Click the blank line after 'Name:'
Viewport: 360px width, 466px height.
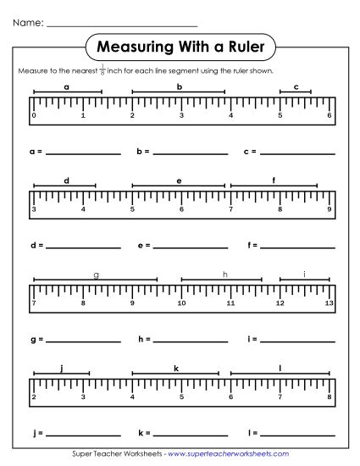[122, 25]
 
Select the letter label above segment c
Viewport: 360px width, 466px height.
[296, 86]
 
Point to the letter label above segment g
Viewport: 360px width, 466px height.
[96, 275]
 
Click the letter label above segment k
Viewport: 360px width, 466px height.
[176, 368]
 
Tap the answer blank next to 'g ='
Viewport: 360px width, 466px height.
[83, 341]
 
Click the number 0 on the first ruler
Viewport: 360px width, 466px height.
[34, 115]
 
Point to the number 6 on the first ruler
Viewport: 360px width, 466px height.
[329, 115]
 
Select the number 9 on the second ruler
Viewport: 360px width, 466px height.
[329, 208]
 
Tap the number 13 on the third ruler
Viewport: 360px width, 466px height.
[329, 302]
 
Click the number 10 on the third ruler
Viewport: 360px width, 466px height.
[181, 302]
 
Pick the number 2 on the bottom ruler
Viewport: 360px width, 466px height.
[34, 396]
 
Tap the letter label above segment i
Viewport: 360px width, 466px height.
[304, 275]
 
